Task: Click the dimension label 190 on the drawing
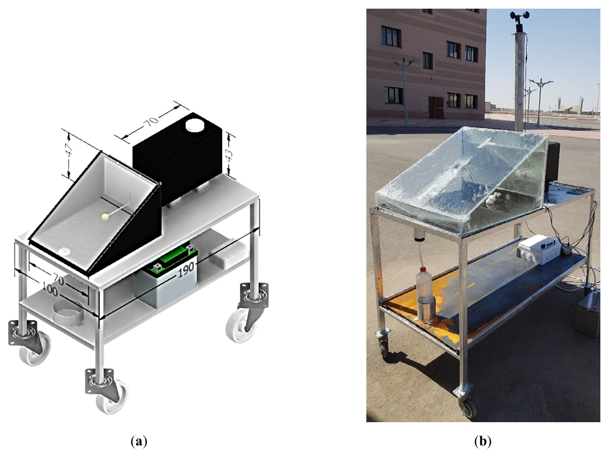pyautogui.click(x=186, y=270)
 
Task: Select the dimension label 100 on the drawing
pyautogui.click(x=50, y=291)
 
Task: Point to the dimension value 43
pyautogui.click(x=230, y=155)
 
